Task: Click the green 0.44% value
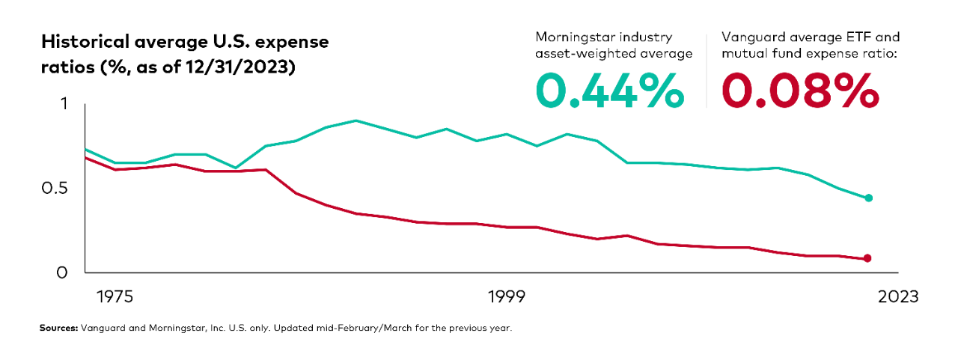pyautogui.click(x=609, y=91)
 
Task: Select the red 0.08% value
pyautogui.click(x=799, y=91)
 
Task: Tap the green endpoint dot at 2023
pyautogui.click(x=868, y=198)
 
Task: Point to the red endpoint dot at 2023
pyautogui.click(x=867, y=258)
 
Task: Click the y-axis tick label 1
pyautogui.click(x=64, y=104)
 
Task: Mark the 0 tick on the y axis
pyautogui.click(x=63, y=272)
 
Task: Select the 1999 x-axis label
pyautogui.click(x=507, y=297)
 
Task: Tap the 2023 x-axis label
pyautogui.click(x=897, y=297)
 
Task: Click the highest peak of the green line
pyautogui.click(x=356, y=120)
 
